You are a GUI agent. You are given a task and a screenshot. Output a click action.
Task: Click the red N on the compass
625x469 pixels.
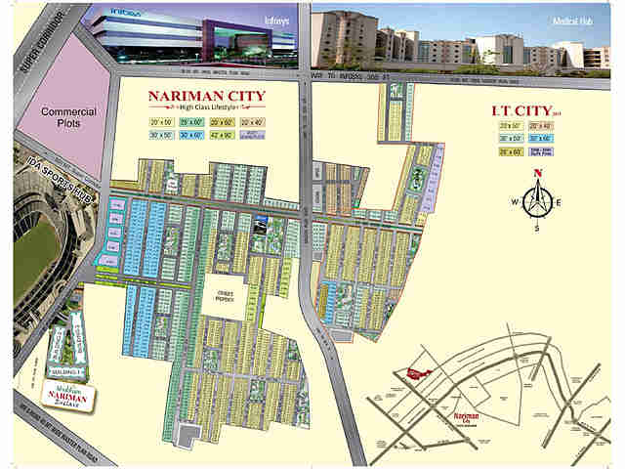pos(536,175)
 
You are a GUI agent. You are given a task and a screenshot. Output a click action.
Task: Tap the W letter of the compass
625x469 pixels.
pos(512,202)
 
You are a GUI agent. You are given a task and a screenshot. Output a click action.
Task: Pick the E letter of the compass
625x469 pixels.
pos(561,202)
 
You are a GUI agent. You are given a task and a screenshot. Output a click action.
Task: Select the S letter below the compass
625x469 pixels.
pos(536,229)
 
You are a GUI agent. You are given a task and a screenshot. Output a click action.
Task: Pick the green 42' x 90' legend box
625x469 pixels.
pos(220,135)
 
